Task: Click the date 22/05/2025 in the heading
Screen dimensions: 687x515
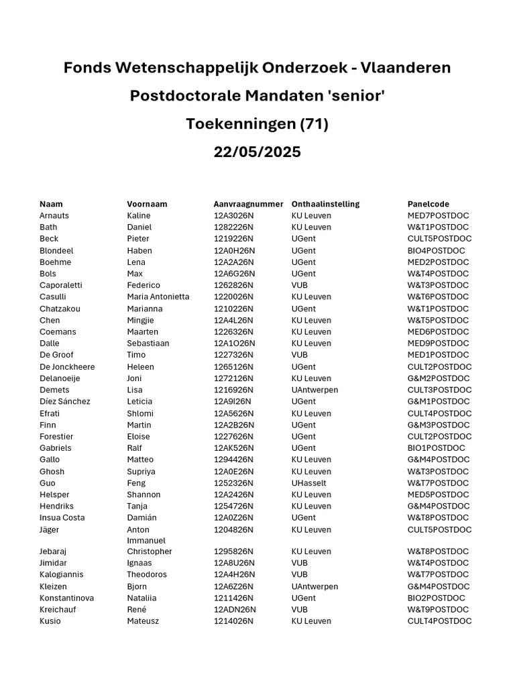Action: [x=257, y=152]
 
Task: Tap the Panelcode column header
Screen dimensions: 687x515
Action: [x=428, y=204]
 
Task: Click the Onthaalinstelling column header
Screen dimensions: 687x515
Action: [x=325, y=204]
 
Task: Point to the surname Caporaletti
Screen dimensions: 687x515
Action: [x=61, y=285]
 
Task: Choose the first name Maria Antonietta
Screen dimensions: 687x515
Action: [x=158, y=297]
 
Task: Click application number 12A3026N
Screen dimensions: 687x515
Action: [x=233, y=215]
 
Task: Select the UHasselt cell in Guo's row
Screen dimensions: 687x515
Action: [x=309, y=483]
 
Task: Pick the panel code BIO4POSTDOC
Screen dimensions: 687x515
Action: [x=436, y=250]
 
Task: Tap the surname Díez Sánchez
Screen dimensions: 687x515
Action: [x=64, y=401]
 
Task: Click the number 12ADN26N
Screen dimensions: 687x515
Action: [x=235, y=609]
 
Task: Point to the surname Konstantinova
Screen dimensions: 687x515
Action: [x=66, y=598]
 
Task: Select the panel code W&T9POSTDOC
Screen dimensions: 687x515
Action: [x=438, y=609]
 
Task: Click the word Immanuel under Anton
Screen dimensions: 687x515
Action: [x=146, y=540]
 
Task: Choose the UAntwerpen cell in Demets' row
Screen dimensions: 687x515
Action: [x=314, y=390]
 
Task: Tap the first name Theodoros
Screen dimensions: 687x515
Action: [x=147, y=574]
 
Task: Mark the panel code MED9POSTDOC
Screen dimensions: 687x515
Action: [x=438, y=343]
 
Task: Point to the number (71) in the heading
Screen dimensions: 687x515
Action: [x=314, y=124]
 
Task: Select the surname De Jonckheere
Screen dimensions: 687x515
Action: [x=67, y=367]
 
